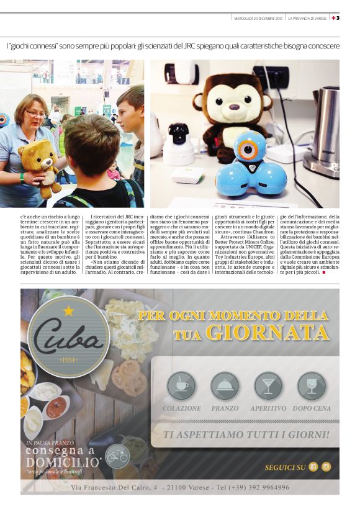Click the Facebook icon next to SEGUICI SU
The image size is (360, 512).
tap(313, 467)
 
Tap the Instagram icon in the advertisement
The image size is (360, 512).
tap(326, 467)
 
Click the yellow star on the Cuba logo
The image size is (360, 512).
tap(68, 311)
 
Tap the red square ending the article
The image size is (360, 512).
tap(323, 272)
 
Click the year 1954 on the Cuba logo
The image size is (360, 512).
tap(68, 361)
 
